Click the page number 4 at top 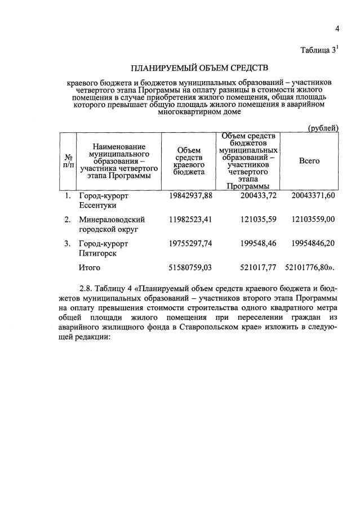337,29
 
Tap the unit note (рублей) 322,128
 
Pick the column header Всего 309,161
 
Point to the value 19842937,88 190,195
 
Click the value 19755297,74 190,244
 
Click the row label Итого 90,268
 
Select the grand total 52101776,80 309,268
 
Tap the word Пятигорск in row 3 98,254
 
